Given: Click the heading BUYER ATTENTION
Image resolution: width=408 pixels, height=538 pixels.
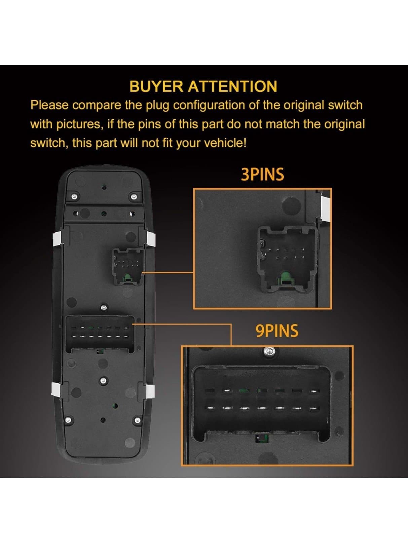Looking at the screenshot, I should tap(203, 86).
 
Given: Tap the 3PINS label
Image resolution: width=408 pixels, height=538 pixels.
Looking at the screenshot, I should tap(262, 175).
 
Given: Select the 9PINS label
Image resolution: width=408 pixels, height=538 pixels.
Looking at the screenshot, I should tap(276, 331).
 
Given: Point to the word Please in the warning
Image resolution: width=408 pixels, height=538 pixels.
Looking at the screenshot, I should tap(49, 105).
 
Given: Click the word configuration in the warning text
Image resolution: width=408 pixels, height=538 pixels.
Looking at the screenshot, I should tap(210, 105).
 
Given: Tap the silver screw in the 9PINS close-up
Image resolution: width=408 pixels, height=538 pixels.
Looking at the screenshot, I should tap(269, 352).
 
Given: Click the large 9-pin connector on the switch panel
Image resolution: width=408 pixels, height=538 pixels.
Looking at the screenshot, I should tap(100, 333).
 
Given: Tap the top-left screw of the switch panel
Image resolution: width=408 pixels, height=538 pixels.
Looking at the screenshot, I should tap(74, 197).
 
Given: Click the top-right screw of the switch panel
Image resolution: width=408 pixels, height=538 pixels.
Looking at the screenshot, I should tap(134, 196).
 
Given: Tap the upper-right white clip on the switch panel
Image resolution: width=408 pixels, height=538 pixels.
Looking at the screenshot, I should tap(150, 238).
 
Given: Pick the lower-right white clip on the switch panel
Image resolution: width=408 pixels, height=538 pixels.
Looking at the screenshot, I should tap(150, 391).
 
